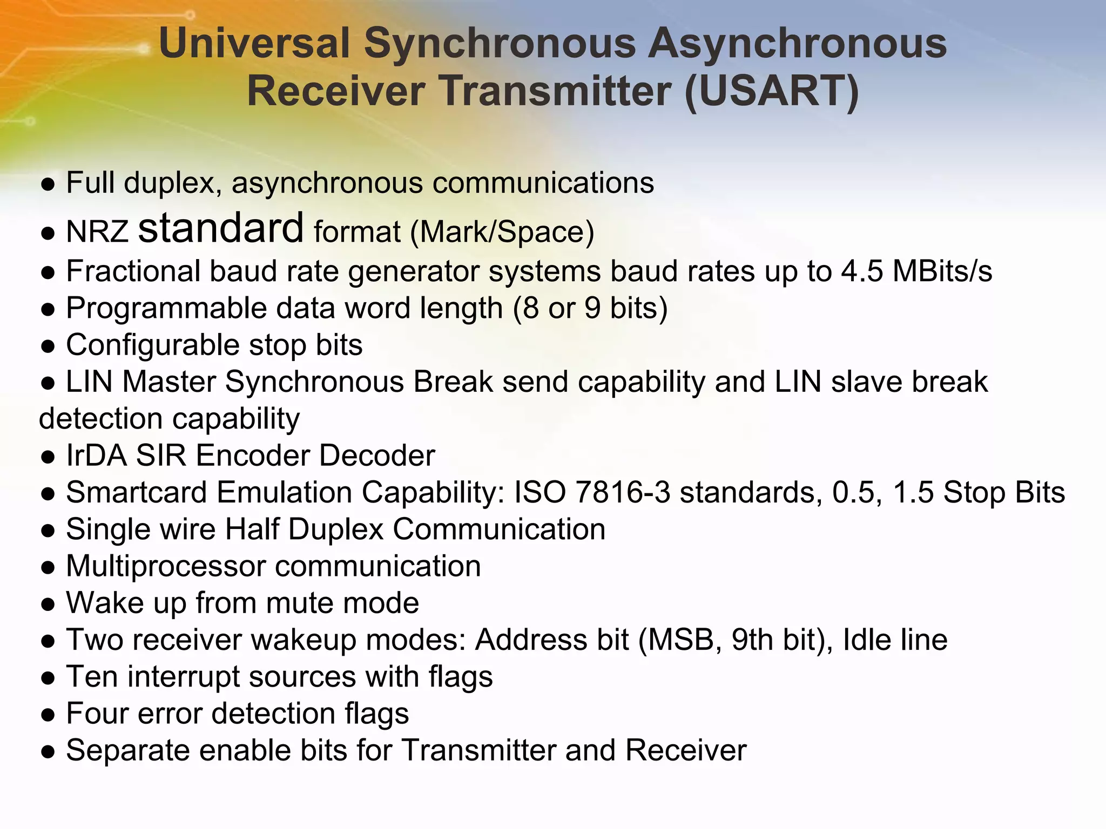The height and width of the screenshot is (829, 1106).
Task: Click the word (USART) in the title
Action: pos(772,91)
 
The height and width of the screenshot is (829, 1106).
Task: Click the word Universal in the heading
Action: pos(254,43)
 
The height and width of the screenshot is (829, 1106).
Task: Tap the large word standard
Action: pos(221,228)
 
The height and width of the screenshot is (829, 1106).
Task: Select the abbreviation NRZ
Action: pos(97,232)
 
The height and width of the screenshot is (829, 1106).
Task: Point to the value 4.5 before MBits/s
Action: pos(862,271)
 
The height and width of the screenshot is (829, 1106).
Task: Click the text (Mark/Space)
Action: pos(502,232)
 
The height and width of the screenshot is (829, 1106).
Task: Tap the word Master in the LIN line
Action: pos(169,382)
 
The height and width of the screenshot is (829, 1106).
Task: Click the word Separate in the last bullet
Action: pos(128,750)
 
